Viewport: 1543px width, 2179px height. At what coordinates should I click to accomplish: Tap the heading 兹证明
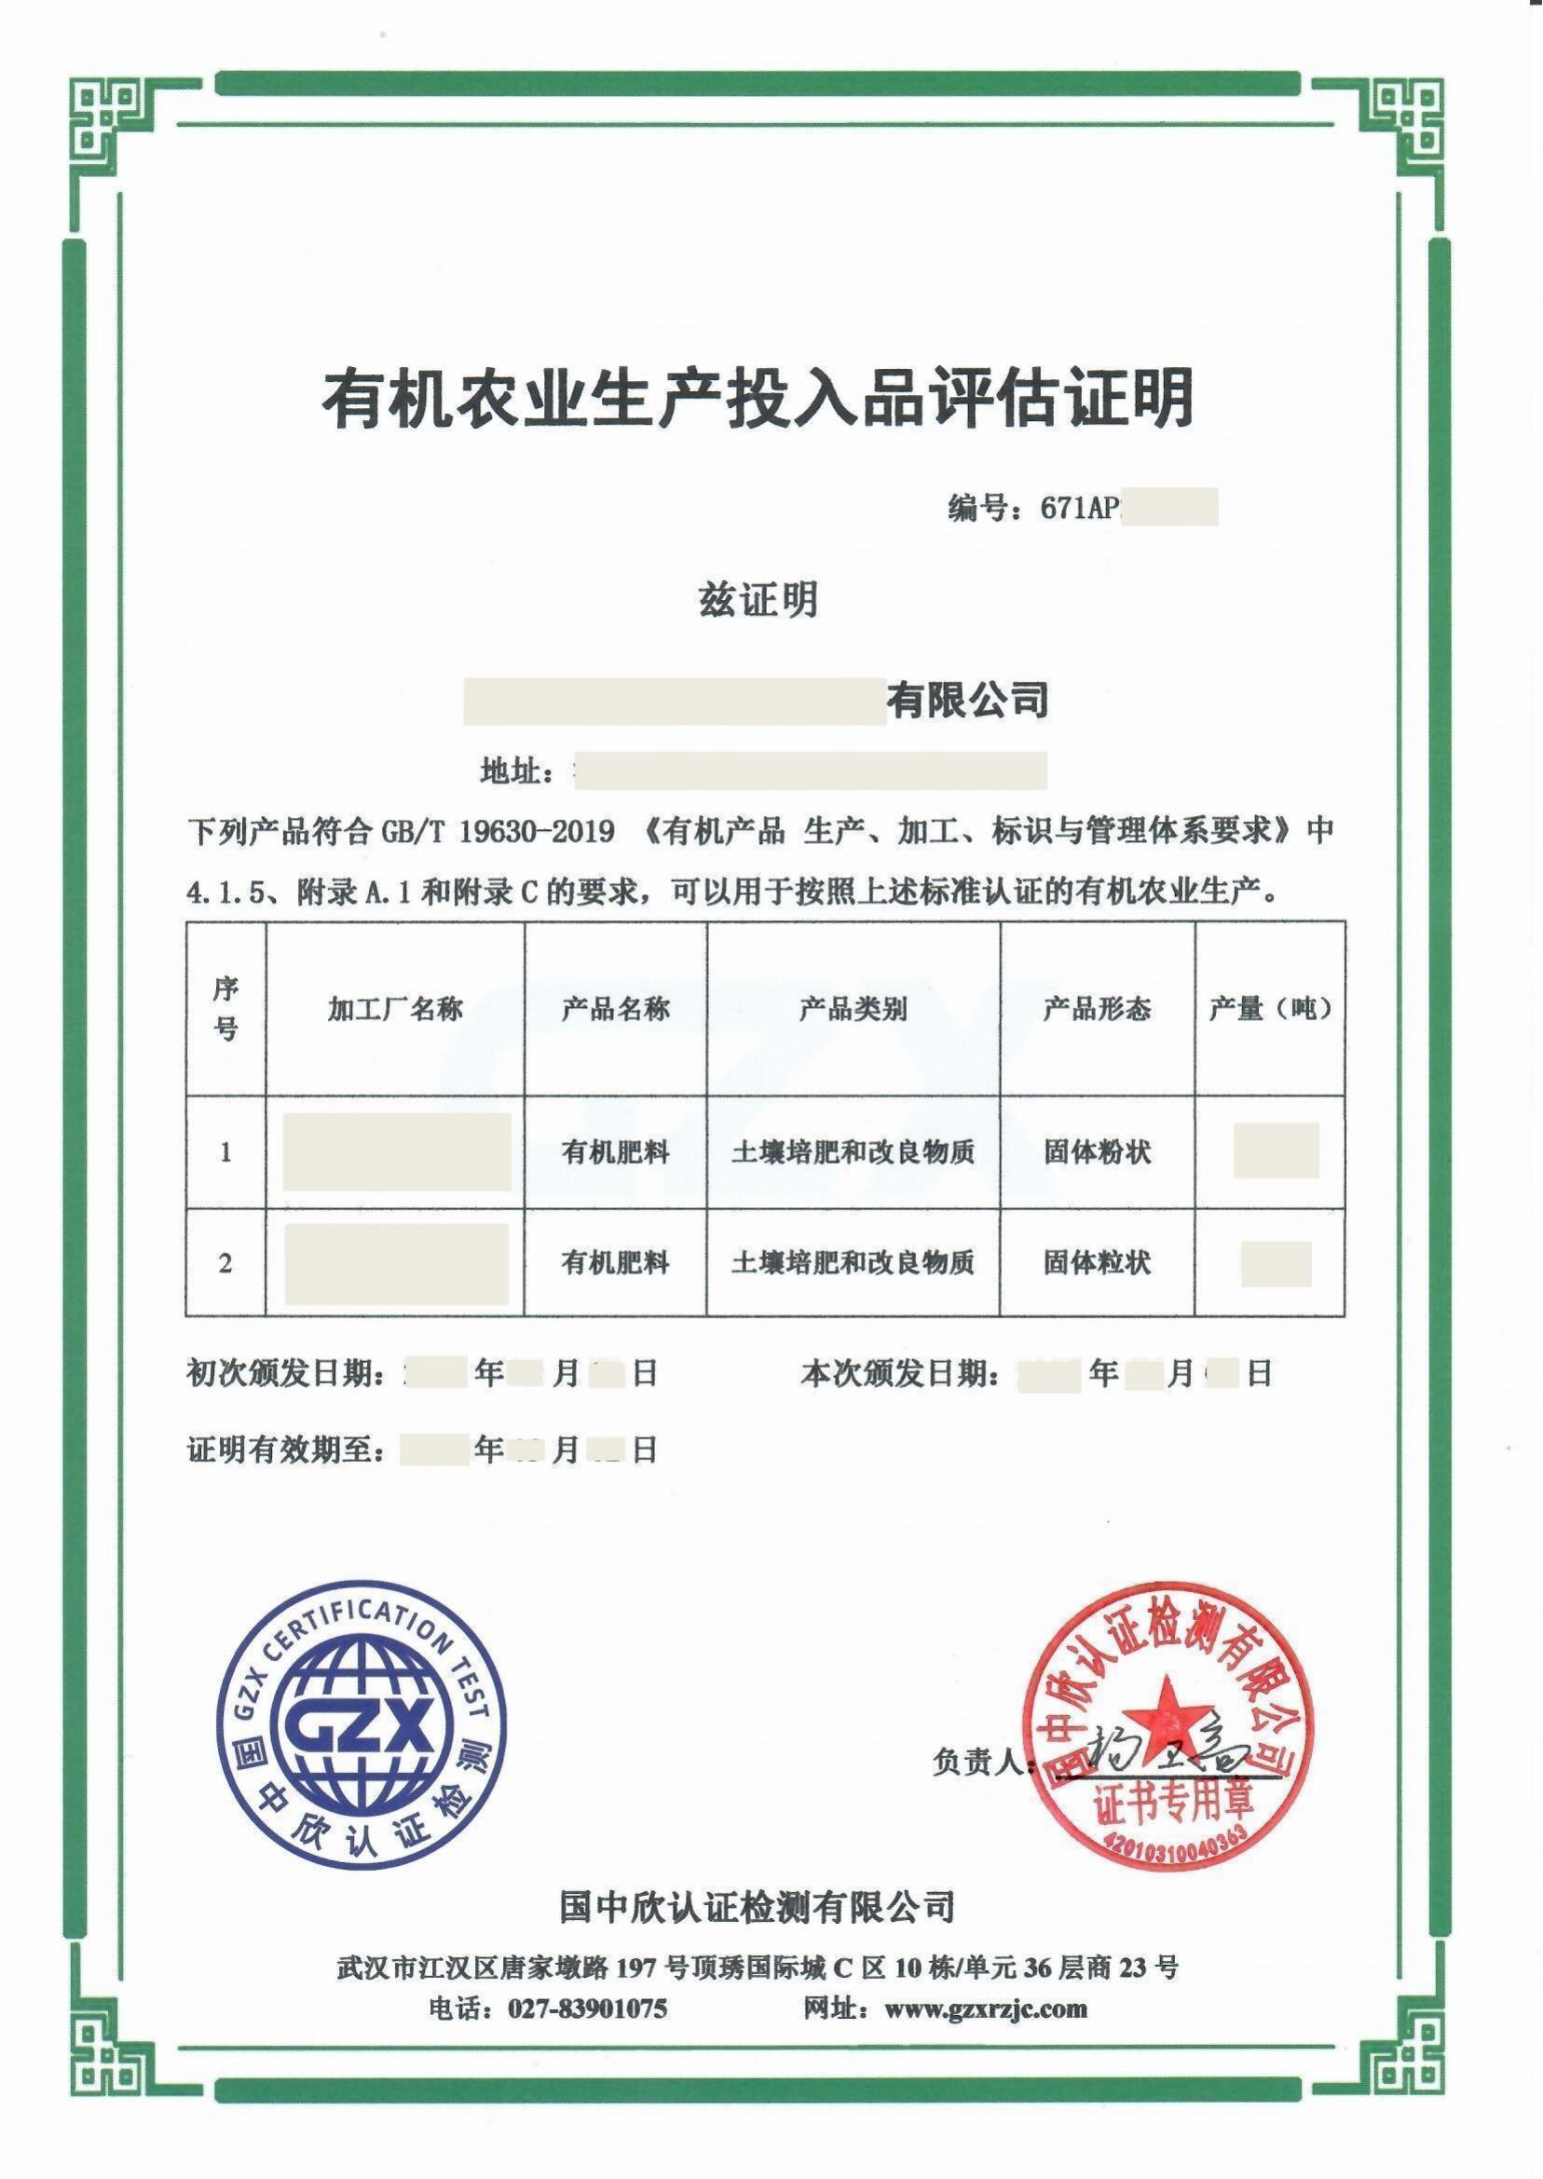pyautogui.click(x=758, y=599)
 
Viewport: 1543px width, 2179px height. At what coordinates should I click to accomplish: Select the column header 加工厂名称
pyautogui.click(x=395, y=1009)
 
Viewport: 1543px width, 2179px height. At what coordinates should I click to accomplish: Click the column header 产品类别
pyautogui.click(x=853, y=1009)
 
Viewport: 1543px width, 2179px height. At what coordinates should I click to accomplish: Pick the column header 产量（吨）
pyautogui.click(x=1269, y=1009)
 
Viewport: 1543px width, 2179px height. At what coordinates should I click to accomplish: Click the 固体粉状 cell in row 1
pyautogui.click(x=1097, y=1152)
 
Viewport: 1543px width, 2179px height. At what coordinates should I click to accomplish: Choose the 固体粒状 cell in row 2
pyautogui.click(x=1097, y=1262)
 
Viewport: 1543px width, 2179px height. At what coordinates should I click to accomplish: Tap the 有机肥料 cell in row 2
pyautogui.click(x=616, y=1262)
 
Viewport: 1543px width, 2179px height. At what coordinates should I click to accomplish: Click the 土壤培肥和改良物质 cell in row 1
pyautogui.click(x=853, y=1152)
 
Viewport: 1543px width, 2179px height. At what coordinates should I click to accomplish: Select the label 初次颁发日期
pyautogui.click(x=285, y=1373)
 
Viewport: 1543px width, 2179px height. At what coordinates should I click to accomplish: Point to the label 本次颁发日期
pyautogui.click(x=899, y=1373)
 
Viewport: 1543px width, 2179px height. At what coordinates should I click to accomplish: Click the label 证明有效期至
pyautogui.click(x=285, y=1450)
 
